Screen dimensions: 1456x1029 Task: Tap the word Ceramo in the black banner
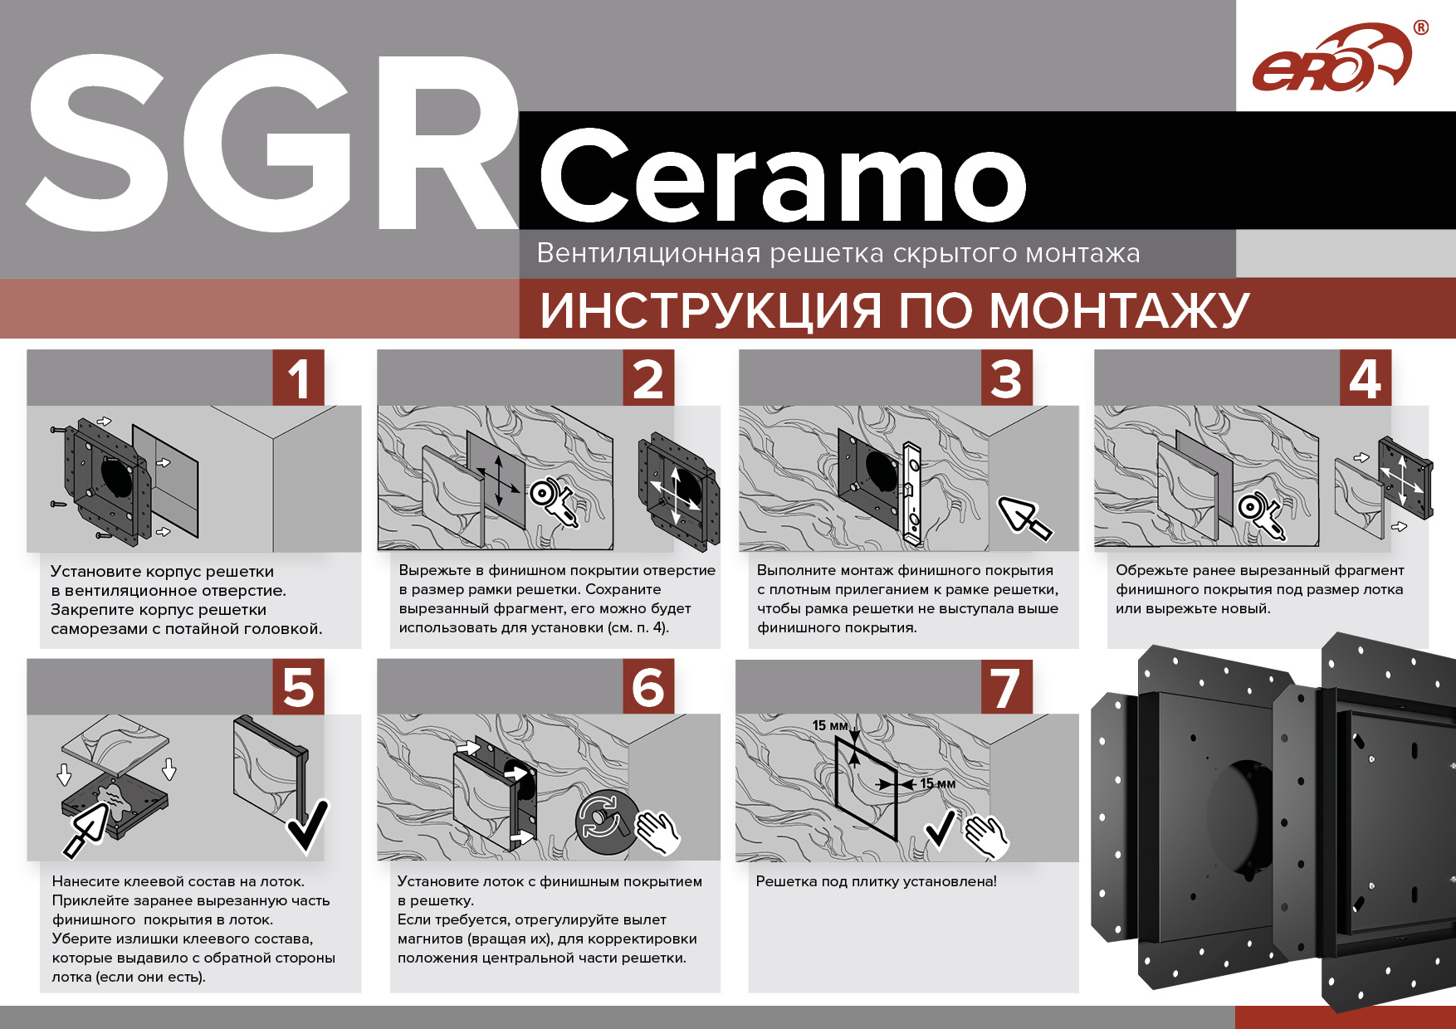coord(784,175)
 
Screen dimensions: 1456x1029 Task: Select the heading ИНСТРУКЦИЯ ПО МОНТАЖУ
coord(894,310)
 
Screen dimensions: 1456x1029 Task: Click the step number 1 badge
coord(299,378)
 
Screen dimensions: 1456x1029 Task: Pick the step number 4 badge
coord(1366,378)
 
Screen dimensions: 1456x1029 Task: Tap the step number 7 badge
coord(1007,687)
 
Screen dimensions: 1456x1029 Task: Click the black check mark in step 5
coord(307,825)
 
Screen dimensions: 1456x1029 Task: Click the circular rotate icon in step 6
coord(606,821)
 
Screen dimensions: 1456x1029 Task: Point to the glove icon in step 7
coord(985,836)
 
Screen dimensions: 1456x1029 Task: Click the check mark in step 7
coord(941,829)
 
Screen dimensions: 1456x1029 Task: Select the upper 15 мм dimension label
coord(829,725)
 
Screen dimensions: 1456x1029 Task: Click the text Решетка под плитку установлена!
coord(876,881)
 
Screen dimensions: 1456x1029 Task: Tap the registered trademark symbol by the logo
coord(1421,27)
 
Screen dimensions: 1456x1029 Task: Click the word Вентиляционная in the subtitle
coord(648,252)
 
